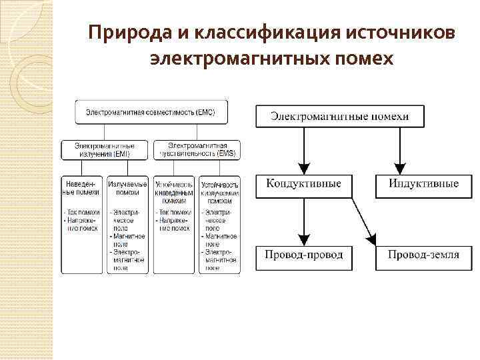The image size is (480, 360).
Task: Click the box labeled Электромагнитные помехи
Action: coord(340,116)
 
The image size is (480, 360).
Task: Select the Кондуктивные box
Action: coord(303,185)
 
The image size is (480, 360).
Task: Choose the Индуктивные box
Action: coord(423,185)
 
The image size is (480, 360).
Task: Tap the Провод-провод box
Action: coord(303,255)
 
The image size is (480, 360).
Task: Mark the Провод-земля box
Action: coord(423,255)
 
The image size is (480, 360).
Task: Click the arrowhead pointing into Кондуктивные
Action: coord(304,168)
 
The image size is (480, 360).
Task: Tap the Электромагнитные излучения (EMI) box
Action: coord(105,149)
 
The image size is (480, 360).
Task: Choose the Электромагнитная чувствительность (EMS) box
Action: coord(197,149)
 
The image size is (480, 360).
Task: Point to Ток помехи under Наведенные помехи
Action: coord(83,212)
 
